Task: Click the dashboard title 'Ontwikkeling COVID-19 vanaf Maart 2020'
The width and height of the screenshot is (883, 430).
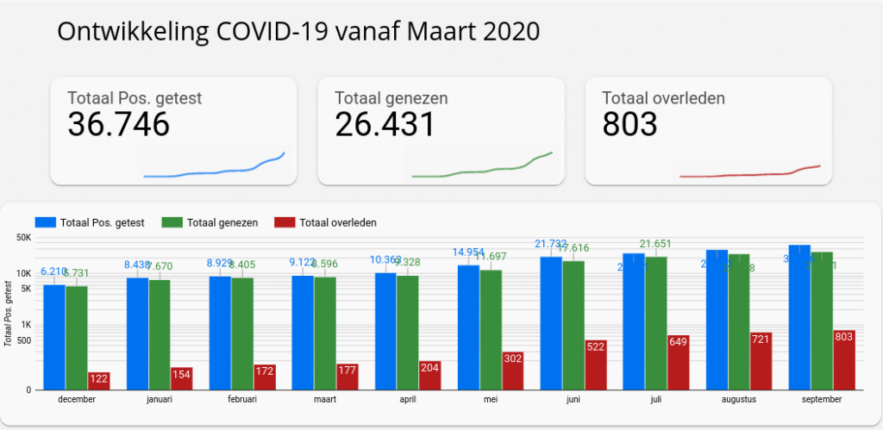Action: tap(298, 32)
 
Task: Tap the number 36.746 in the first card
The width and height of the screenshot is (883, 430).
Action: tap(118, 125)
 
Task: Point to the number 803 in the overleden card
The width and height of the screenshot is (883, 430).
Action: tap(629, 125)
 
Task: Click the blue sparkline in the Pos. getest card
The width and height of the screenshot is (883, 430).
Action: tap(216, 171)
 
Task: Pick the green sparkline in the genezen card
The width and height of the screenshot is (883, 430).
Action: tap(483, 170)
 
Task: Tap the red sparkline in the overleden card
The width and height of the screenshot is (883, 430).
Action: tap(750, 173)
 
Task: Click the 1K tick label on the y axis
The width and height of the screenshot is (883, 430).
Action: tap(27, 325)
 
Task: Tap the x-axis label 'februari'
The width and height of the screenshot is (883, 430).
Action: tap(242, 400)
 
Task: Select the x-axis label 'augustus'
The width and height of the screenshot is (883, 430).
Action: tap(738, 400)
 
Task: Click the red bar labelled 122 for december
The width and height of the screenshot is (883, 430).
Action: tap(98, 380)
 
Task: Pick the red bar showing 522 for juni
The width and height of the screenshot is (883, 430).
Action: tap(595, 365)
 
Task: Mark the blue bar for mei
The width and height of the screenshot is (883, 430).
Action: tap(468, 327)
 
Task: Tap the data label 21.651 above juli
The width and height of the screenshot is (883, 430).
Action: tap(655, 245)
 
